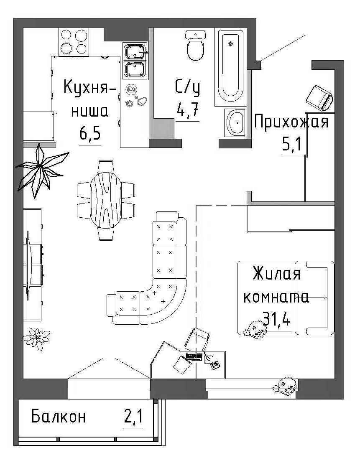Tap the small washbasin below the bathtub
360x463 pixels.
235,123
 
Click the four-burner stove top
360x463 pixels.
74,42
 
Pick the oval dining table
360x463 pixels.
106,200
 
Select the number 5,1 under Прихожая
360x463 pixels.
292,145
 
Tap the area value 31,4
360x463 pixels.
276,319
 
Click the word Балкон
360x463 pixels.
58,417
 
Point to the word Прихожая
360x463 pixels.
291,122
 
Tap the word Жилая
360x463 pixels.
276,273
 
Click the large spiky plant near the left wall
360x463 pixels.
41,170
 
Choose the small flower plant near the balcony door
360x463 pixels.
37,339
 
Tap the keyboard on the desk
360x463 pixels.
194,357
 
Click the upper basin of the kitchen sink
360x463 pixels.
135,52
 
